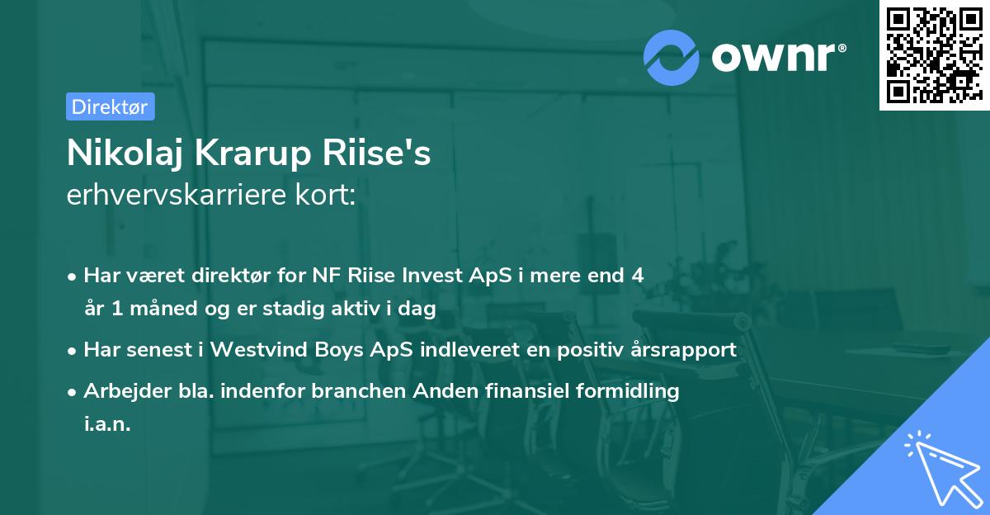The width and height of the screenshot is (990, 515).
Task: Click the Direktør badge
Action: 110,106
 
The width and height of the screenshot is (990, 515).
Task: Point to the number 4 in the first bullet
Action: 637,276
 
